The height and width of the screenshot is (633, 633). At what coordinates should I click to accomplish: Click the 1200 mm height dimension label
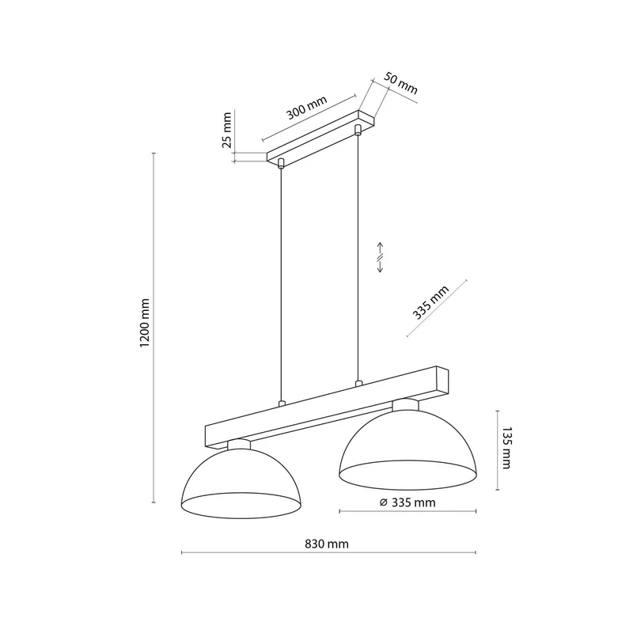(x=145, y=323)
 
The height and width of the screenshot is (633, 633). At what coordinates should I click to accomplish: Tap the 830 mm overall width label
(x=327, y=544)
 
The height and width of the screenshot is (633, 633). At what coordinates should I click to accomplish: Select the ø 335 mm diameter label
(x=407, y=502)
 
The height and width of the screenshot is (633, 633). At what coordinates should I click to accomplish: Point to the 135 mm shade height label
(x=506, y=448)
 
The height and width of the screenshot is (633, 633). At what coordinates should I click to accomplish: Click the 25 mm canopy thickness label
(x=227, y=130)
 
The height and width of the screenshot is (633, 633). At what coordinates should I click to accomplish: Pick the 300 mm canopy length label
(x=307, y=108)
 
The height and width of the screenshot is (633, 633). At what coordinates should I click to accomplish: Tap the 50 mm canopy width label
(x=400, y=83)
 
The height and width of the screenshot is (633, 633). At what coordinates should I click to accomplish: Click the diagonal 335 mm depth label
(x=430, y=302)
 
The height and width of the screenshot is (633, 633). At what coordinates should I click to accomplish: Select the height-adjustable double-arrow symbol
(x=380, y=258)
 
